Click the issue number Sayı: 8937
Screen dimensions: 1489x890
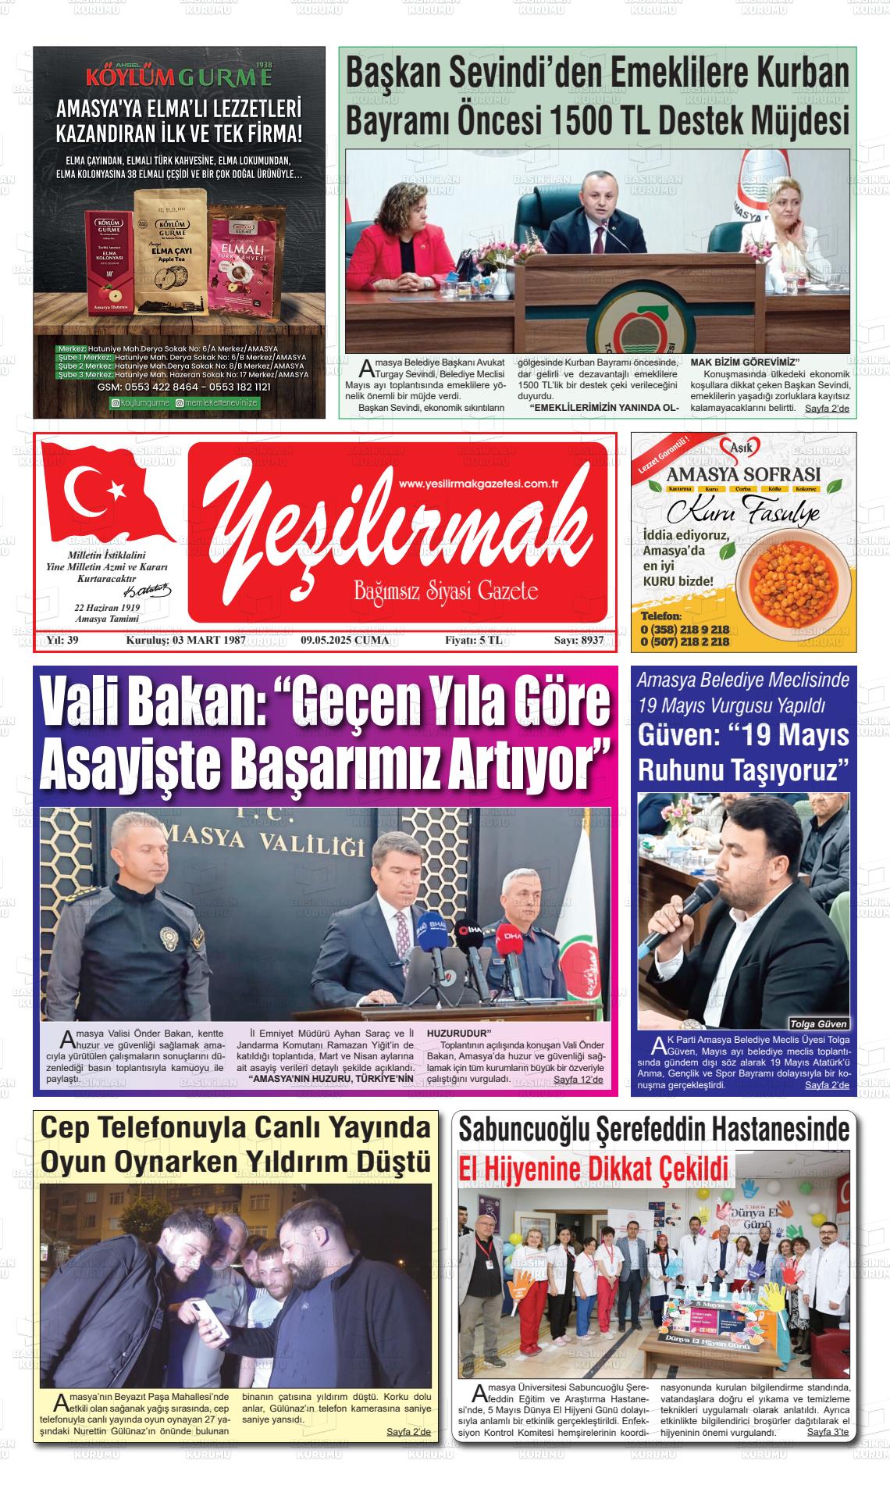[578, 641]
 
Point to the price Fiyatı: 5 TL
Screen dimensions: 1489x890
[474, 641]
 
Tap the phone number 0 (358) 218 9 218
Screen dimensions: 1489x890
[685, 629]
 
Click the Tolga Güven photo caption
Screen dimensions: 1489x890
[817, 1023]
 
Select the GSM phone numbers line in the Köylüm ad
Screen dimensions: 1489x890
[183, 387]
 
